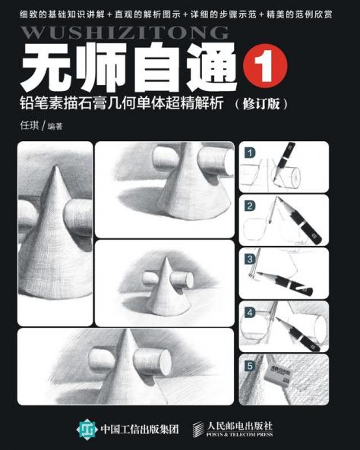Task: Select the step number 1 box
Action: (249, 153)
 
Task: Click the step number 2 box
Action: (249, 205)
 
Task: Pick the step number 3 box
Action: (249, 258)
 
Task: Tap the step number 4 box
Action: (249, 311)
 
